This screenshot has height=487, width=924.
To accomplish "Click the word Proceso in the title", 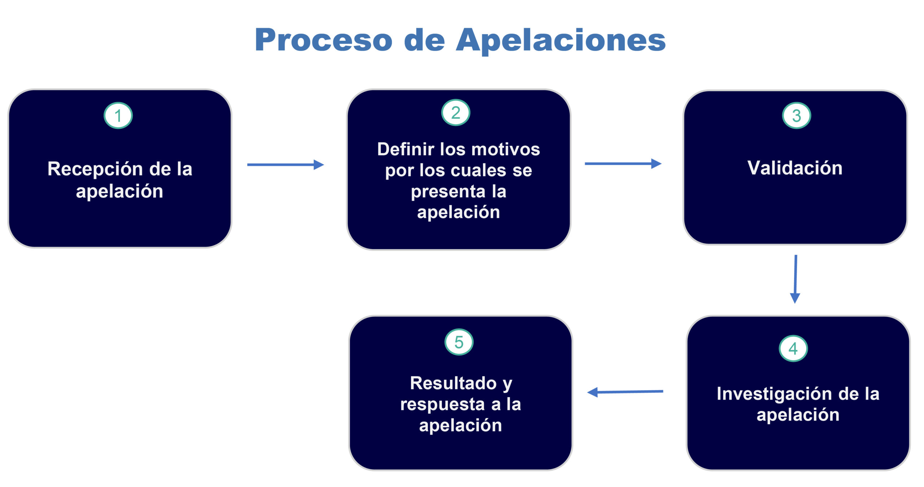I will tap(323, 40).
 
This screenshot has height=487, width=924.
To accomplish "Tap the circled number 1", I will tap(118, 116).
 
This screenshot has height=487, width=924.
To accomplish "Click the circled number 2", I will tap(456, 113).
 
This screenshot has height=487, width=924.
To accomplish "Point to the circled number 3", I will tap(796, 116).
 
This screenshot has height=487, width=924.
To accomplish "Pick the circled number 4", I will tap(793, 348).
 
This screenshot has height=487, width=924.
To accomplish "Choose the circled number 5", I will tap(459, 342).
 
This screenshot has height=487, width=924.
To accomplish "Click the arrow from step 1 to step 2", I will tap(285, 165).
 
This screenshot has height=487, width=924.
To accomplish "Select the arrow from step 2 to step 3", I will tap(623, 164).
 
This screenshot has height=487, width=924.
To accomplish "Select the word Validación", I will tap(795, 168).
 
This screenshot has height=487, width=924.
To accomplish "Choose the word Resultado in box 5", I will tap(453, 383).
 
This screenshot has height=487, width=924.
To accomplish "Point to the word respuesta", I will tap(443, 405).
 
